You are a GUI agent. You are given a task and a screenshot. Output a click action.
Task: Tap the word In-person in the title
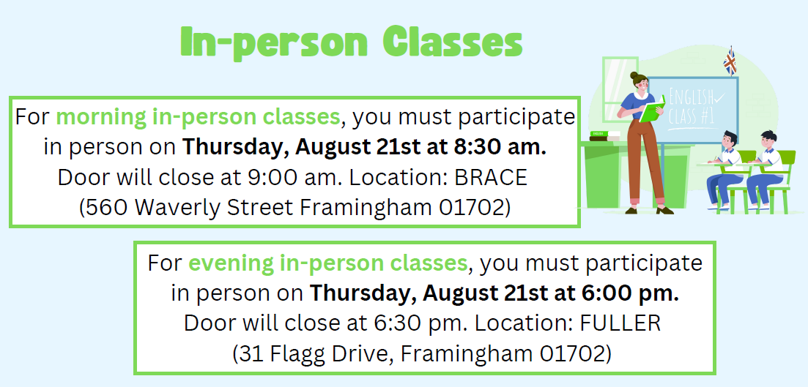point(274,44)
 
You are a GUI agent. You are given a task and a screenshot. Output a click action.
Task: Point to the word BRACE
point(491,178)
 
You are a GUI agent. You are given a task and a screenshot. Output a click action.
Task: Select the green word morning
point(101,118)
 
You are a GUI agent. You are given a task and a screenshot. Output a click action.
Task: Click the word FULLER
point(620,324)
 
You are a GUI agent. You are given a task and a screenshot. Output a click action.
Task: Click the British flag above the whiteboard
point(730,61)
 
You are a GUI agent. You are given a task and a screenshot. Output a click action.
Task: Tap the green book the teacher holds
point(653,109)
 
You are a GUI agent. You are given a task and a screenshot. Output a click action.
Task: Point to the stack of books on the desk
point(605,135)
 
